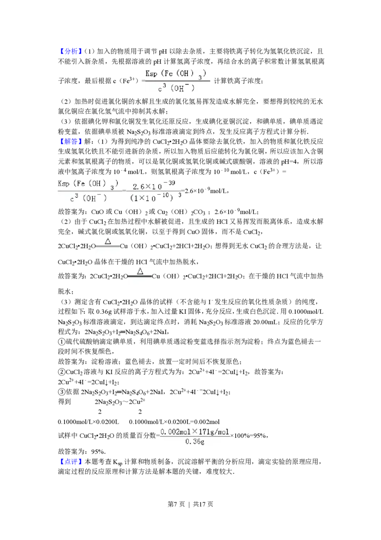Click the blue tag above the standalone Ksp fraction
point(71,52)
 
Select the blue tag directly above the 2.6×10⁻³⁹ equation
point(71,141)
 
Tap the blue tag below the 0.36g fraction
point(71,461)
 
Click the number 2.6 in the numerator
point(139,186)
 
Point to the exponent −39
point(169,183)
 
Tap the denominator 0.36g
point(194,442)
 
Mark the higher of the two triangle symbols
point(108,241)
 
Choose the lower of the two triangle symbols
point(140,271)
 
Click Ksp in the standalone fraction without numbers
point(151,74)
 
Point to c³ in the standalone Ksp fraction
point(161,88)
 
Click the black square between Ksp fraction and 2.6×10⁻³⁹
point(124,190)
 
